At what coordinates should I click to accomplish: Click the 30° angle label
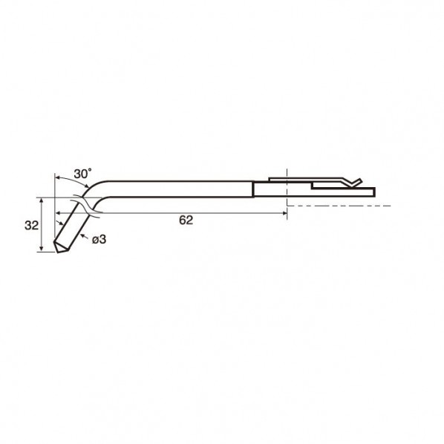click(82, 174)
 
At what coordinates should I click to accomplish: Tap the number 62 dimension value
click(186, 221)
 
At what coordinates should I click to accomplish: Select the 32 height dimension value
click(31, 226)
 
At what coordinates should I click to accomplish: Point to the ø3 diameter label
click(99, 240)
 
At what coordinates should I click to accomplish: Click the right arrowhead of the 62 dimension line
click(284, 213)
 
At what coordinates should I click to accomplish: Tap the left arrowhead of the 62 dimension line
click(58, 212)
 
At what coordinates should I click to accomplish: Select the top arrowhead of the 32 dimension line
click(42, 200)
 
